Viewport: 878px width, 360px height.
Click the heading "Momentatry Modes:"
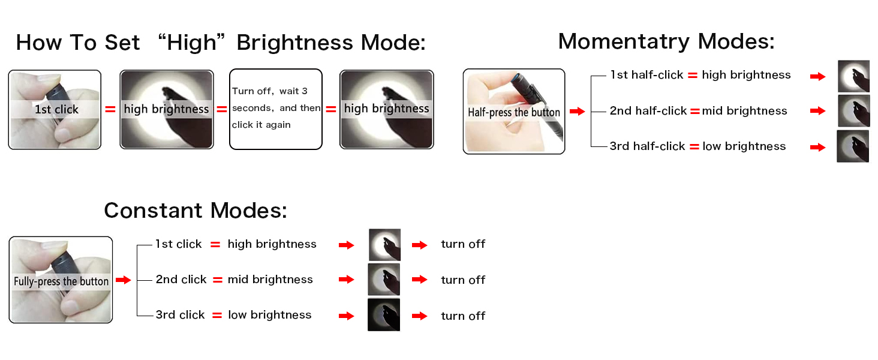click(x=666, y=41)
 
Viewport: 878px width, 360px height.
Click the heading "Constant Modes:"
click(x=196, y=211)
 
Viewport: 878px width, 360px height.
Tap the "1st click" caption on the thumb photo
click(x=56, y=109)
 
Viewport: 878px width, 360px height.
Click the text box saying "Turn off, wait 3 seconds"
click(x=276, y=108)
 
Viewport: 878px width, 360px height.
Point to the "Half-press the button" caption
click(x=514, y=112)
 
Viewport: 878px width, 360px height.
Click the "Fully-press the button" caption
click(x=61, y=281)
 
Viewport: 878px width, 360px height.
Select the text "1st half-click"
click(x=647, y=75)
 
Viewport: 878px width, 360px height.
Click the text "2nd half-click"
click(x=648, y=111)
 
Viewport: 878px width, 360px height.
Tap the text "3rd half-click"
click(x=647, y=146)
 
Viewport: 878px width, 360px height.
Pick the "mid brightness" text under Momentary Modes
click(x=744, y=111)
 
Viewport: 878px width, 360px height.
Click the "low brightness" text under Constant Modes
click(x=270, y=315)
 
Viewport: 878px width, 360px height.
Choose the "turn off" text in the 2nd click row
click(x=463, y=280)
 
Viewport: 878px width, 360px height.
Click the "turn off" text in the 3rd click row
click(x=463, y=316)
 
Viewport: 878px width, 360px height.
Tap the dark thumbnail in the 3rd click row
click(x=384, y=314)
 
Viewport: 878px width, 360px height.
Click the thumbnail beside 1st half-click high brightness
click(x=853, y=76)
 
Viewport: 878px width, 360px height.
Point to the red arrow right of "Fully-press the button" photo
click(x=123, y=280)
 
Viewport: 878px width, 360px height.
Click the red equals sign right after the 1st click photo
click(x=110, y=109)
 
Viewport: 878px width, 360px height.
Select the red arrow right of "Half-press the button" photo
click(x=576, y=112)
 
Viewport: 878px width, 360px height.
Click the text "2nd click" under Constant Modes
click(x=181, y=280)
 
